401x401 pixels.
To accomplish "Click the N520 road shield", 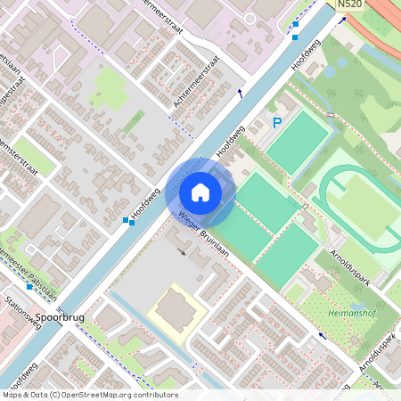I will coord(349,5).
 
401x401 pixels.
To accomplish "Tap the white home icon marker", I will coord(200,192).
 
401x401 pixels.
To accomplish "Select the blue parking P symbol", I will coord(277,123).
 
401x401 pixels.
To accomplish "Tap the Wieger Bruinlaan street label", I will coord(204,233).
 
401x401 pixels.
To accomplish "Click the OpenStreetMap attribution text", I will coord(90,395).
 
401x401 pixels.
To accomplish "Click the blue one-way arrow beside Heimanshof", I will coord(322,337).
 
